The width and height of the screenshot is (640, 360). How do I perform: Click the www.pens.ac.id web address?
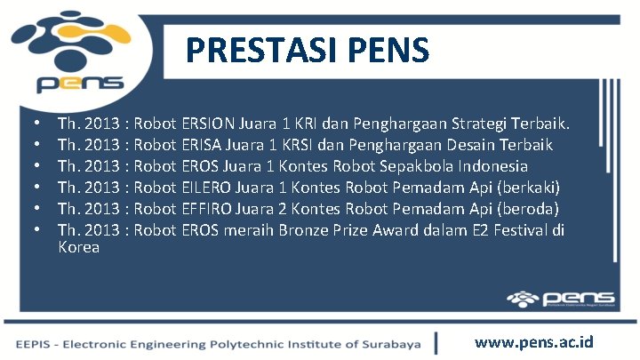point(534,342)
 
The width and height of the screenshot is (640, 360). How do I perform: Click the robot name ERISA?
point(202,144)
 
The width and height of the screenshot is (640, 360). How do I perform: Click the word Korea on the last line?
point(78,248)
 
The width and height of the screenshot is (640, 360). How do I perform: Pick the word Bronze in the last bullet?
point(338,231)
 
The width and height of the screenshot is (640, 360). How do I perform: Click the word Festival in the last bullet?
point(520,231)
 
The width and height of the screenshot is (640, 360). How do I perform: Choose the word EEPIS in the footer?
point(33,344)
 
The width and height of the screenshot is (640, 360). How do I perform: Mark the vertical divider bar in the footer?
point(436,343)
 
